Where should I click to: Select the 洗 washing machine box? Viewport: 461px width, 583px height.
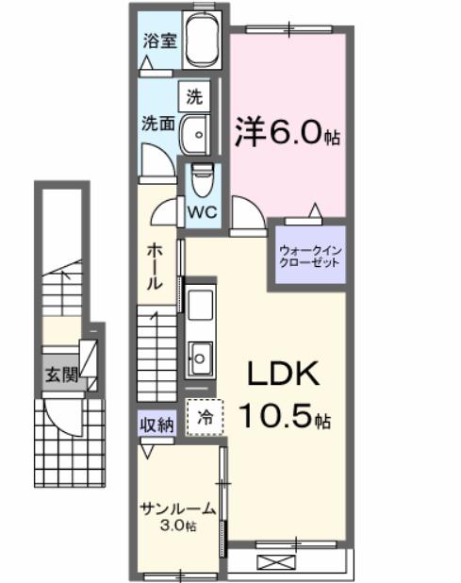pyautogui.click(x=194, y=96)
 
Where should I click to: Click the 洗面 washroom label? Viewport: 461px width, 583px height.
pyautogui.click(x=156, y=124)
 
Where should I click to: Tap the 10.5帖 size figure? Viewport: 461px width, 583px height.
pyautogui.click(x=283, y=414)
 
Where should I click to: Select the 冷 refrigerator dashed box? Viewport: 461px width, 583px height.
pyautogui.click(x=205, y=417)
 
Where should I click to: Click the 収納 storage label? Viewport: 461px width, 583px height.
pyautogui.click(x=157, y=425)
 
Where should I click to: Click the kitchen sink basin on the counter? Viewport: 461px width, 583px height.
pyautogui.click(x=201, y=357)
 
